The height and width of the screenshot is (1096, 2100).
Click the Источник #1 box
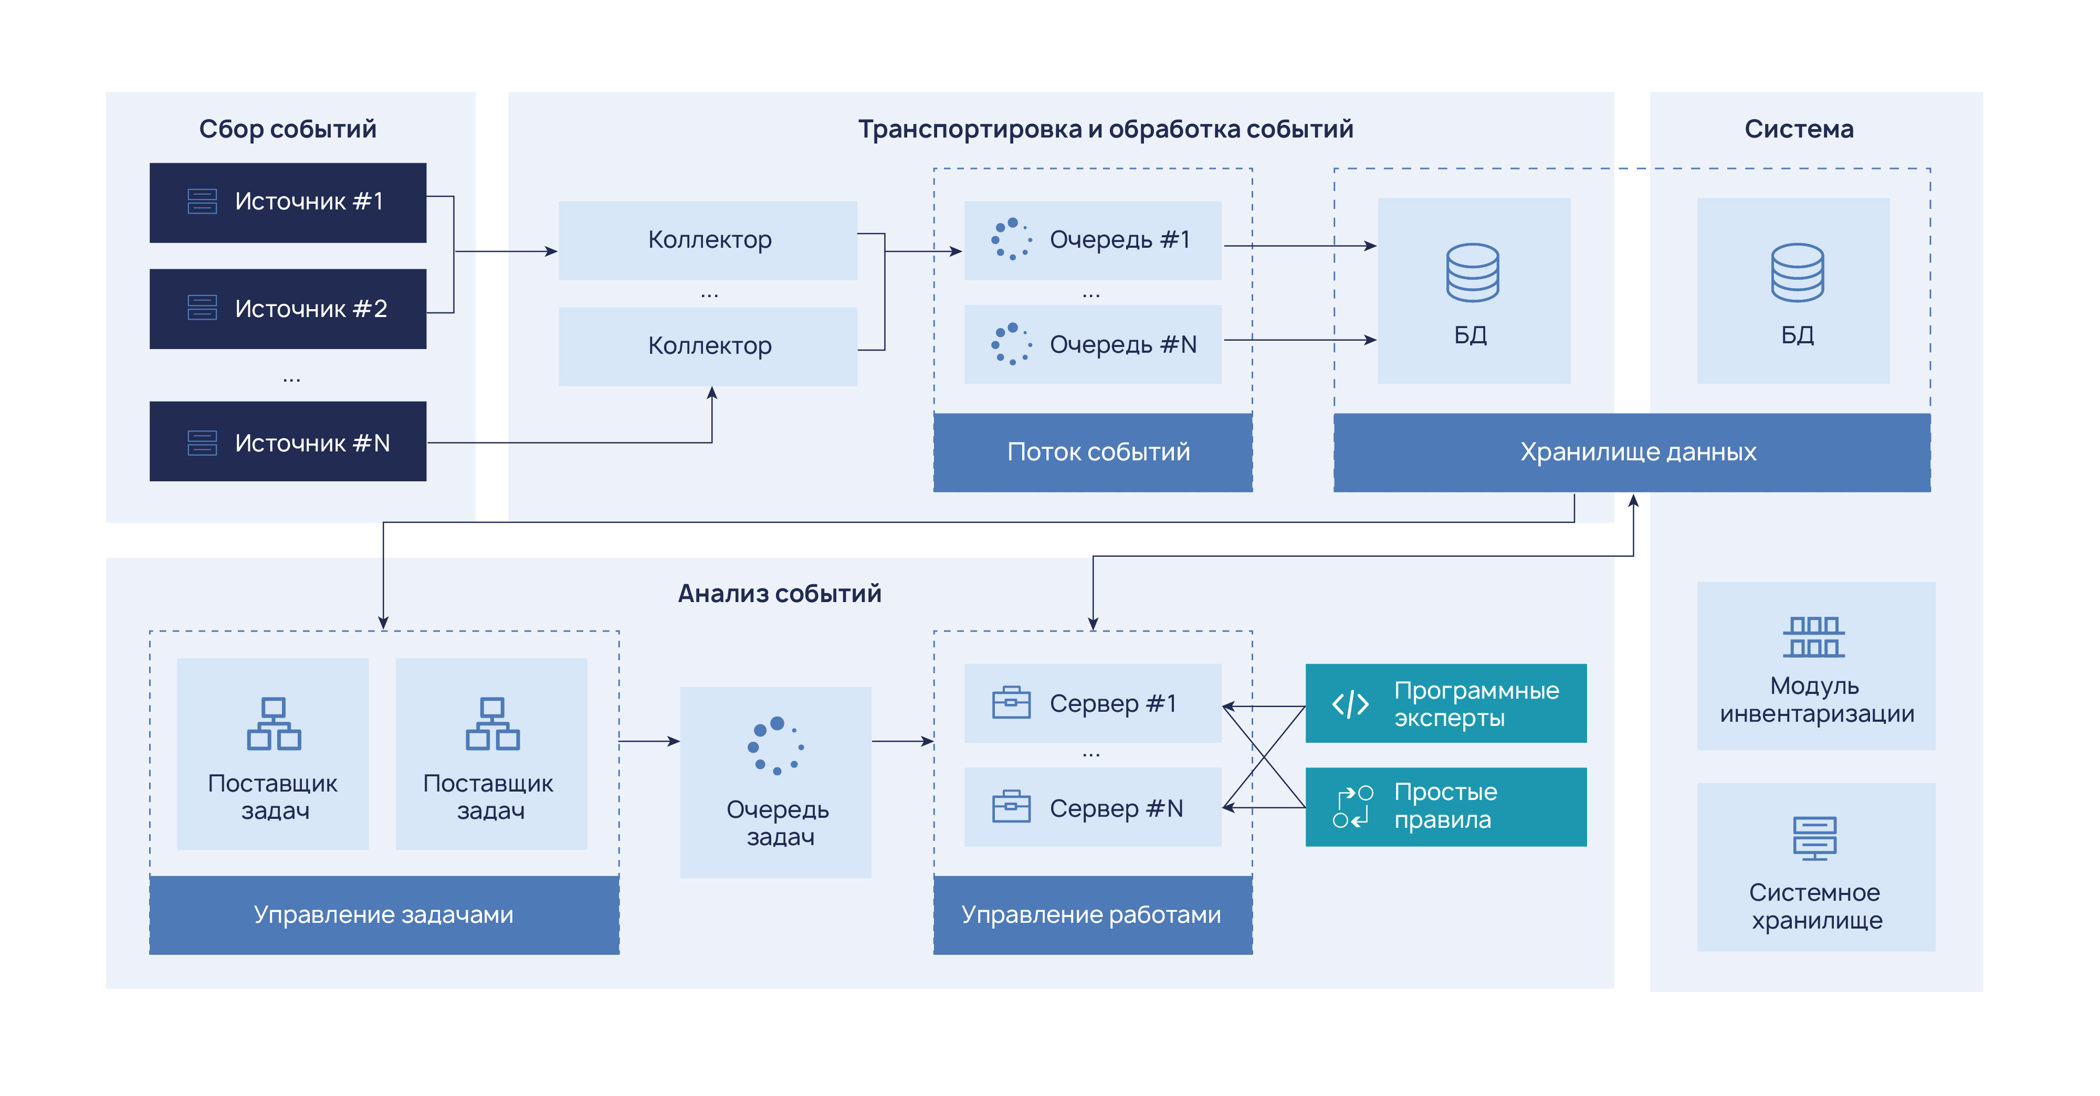click(x=288, y=202)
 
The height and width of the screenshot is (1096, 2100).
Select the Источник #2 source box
click(x=288, y=309)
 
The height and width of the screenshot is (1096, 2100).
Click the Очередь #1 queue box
click(x=1093, y=240)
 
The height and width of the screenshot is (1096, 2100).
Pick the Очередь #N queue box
click(x=1093, y=345)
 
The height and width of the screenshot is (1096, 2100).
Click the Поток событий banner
click(x=1093, y=452)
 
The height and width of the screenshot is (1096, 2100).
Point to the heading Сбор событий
click(x=288, y=129)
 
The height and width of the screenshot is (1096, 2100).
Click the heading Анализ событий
click(x=779, y=593)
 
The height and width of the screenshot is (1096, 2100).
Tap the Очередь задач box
click(x=776, y=782)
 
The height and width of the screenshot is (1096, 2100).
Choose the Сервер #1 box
click(x=1093, y=703)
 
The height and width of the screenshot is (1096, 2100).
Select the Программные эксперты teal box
click(x=1445, y=703)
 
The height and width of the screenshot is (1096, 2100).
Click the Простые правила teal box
click(x=1445, y=807)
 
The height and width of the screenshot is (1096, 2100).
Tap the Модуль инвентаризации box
click(x=1815, y=666)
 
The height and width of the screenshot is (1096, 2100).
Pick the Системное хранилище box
click(x=1815, y=867)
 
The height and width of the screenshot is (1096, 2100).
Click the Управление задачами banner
click(x=384, y=915)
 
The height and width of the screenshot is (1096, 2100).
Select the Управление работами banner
click(x=1093, y=915)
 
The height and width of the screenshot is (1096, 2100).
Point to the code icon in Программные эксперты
click(x=1350, y=704)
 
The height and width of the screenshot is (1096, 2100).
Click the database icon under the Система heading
click(x=1797, y=272)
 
